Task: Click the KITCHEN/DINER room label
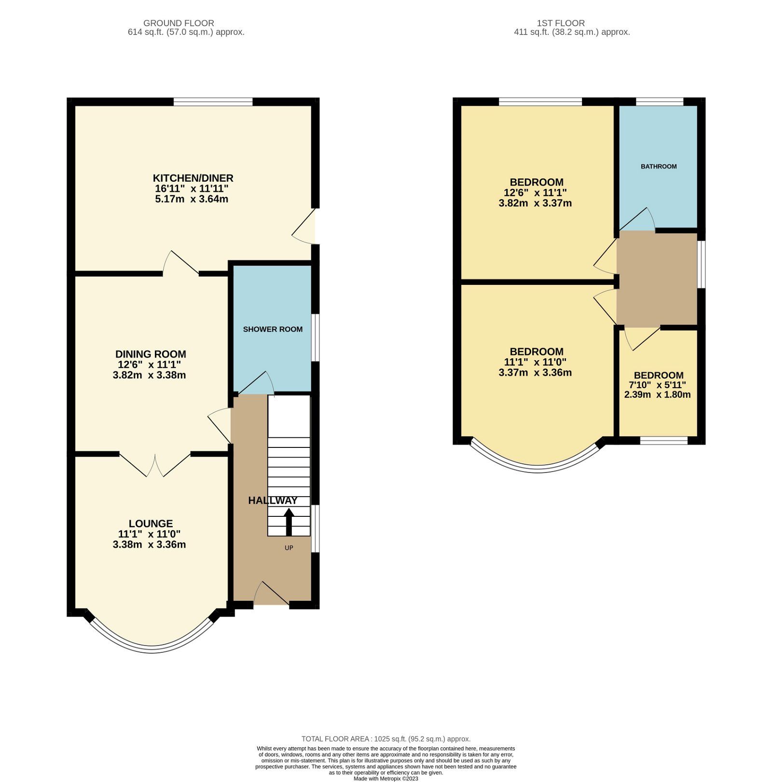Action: point(193,178)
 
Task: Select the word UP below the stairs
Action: point(289,548)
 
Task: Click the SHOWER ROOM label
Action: point(273,329)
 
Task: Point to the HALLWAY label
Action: point(273,500)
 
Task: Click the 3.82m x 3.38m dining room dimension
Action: point(149,375)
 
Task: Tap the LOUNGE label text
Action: point(151,523)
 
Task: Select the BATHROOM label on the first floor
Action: point(659,166)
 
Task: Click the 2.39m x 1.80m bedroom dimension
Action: point(657,394)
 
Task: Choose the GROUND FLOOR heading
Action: point(179,23)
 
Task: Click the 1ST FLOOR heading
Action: point(561,23)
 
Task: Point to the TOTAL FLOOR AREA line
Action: point(386,739)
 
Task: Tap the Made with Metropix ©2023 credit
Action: point(386,778)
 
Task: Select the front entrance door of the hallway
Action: point(271,594)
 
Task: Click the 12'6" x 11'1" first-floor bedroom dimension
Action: point(535,192)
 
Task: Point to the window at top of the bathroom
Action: point(660,101)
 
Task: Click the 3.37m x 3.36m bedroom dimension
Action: point(535,372)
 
